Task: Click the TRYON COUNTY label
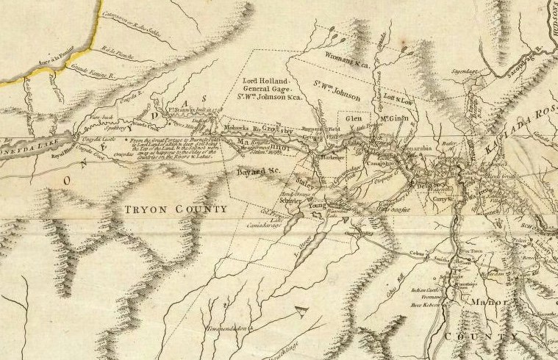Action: (175, 209)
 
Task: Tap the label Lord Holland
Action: (267, 79)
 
